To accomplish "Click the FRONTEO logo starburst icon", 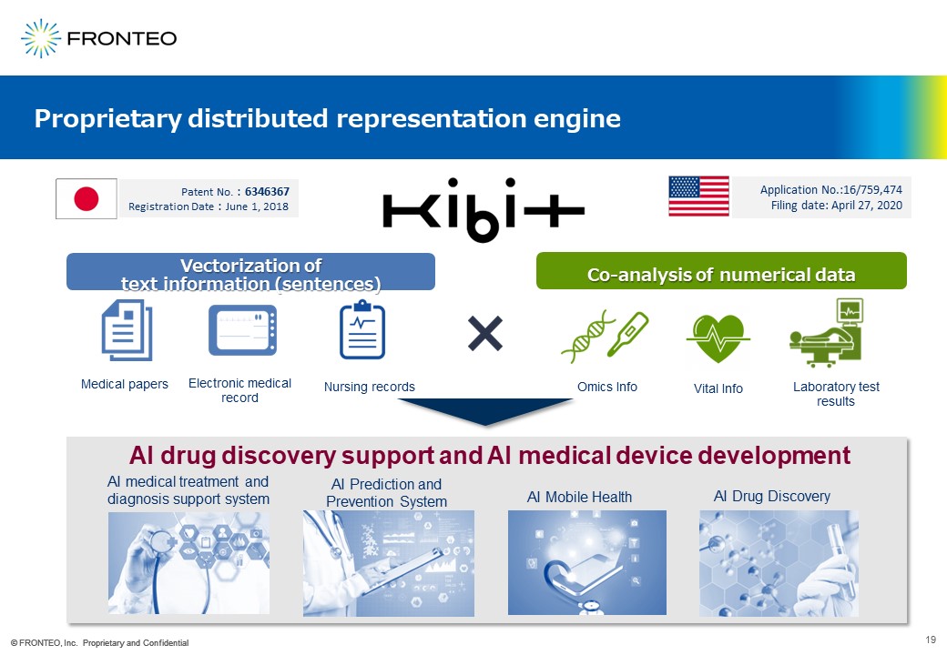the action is pyautogui.click(x=41, y=38).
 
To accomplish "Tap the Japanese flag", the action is pyautogui.click(x=87, y=198).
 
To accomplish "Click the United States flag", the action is pyautogui.click(x=698, y=196).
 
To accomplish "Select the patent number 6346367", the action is pyautogui.click(x=267, y=192).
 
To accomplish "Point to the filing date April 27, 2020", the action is pyautogui.click(x=867, y=206).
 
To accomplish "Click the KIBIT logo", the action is pyautogui.click(x=484, y=210).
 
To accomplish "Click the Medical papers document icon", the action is pyautogui.click(x=127, y=330).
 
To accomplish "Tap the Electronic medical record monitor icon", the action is pyautogui.click(x=243, y=330).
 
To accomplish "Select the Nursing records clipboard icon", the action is pyautogui.click(x=362, y=329).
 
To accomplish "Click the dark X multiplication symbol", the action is pyautogui.click(x=485, y=334).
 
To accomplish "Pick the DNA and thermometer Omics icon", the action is pyautogui.click(x=605, y=337).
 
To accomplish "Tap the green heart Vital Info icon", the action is pyautogui.click(x=718, y=338).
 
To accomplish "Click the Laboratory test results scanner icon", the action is pyautogui.click(x=827, y=332).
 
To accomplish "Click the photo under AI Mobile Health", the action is pyautogui.click(x=587, y=563).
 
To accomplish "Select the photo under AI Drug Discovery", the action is pyautogui.click(x=779, y=563).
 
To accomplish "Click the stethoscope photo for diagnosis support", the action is pyautogui.click(x=189, y=563).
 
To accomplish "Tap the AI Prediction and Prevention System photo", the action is pyautogui.click(x=389, y=563).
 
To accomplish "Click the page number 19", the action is pyautogui.click(x=930, y=640).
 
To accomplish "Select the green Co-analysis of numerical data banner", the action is pyautogui.click(x=722, y=271).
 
